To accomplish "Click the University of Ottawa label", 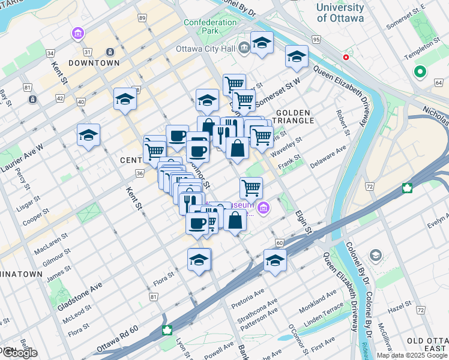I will pos(340,13).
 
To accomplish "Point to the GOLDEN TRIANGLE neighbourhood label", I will pos(294,116).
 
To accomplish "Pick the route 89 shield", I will pos(142,19).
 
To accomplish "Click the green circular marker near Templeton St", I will pos(420,73).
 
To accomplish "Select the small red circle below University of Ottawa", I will pos(346,58).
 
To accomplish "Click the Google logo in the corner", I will pos(19,353).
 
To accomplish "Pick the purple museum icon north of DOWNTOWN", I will pos(77,34).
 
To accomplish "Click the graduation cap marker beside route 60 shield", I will pos(275,261).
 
